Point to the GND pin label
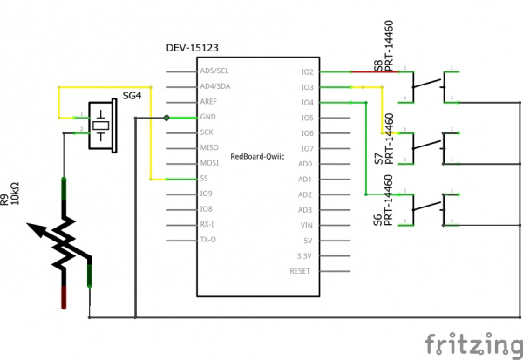click(x=207, y=118)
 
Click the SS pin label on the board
click(x=204, y=179)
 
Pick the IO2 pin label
click(x=306, y=71)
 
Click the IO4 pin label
click(x=306, y=103)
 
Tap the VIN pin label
click(x=306, y=225)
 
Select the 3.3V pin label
click(x=304, y=255)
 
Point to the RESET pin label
click(x=301, y=271)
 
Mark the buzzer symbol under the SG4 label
click(x=104, y=125)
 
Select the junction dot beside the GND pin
click(x=166, y=118)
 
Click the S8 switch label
click(x=377, y=66)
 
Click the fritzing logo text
click(x=470, y=341)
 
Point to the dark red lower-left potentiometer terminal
click(x=65, y=296)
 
